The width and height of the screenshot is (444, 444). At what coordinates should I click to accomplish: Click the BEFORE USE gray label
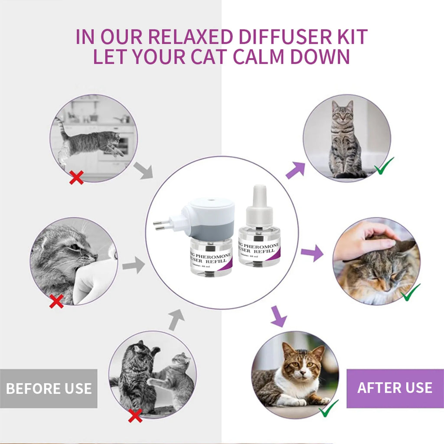click(49, 388)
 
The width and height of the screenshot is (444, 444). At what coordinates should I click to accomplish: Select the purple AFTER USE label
click(395, 388)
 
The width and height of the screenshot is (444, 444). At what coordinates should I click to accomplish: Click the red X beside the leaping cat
click(76, 177)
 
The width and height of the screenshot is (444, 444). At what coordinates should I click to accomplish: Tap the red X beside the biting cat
click(56, 301)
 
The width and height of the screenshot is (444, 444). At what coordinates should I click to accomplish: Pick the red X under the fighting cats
click(135, 416)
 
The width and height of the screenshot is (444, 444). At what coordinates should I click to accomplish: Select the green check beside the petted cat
click(410, 293)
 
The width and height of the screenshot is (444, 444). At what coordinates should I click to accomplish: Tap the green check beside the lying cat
click(329, 408)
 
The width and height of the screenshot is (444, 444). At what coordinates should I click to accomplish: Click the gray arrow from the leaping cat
click(143, 170)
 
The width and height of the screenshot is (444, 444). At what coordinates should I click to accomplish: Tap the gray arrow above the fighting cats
click(176, 320)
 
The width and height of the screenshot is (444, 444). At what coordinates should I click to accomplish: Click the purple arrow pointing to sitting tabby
click(295, 170)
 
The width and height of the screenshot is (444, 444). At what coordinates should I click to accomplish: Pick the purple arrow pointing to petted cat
click(312, 252)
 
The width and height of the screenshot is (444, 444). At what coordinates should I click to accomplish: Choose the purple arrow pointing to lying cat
click(278, 316)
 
